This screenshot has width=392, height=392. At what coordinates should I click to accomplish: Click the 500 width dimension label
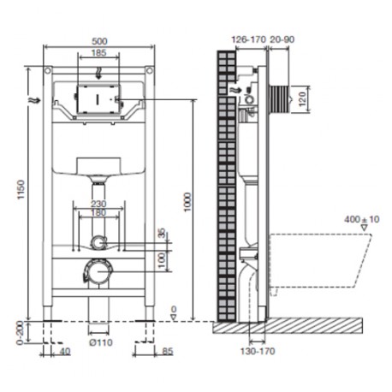[99, 41]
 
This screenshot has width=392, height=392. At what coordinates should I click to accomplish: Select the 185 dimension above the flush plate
[98, 53]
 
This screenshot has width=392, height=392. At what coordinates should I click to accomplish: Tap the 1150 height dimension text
[21, 189]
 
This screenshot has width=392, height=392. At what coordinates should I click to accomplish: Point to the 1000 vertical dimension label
[187, 202]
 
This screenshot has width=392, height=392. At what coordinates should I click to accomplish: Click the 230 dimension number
[98, 204]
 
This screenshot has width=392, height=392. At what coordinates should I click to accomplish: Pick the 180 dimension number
[98, 212]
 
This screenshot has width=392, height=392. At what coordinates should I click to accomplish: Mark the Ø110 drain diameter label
[101, 342]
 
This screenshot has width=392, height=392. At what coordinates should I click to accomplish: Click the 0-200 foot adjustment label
[20, 333]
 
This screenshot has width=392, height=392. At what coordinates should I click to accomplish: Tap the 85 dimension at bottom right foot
[167, 351]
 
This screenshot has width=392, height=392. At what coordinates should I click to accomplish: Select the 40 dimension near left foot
[65, 351]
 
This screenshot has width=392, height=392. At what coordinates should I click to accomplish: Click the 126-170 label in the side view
[248, 39]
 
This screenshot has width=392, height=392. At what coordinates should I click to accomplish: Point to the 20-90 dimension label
[282, 39]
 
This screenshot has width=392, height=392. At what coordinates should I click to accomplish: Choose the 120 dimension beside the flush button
[302, 98]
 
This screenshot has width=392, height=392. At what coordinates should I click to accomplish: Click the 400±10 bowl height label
[361, 219]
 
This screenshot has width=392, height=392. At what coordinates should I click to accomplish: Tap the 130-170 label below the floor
[258, 351]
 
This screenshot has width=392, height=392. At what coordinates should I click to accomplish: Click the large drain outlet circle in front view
[98, 271]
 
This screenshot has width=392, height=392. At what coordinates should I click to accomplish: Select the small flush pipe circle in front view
[98, 243]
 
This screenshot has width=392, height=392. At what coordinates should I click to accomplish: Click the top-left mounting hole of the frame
[48, 70]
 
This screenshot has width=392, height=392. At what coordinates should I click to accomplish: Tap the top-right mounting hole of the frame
[149, 70]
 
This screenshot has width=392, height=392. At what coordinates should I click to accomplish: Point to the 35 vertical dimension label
[162, 233]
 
